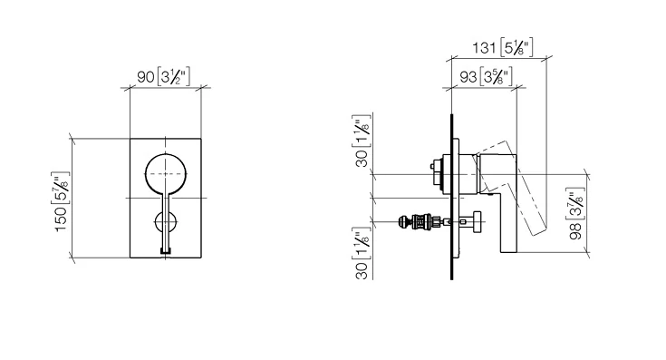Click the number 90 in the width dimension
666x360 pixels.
(145, 77)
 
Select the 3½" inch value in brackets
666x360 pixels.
(173, 76)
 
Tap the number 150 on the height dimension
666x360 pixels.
(62, 219)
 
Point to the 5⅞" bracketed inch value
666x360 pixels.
(61, 188)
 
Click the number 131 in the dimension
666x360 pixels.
(484, 47)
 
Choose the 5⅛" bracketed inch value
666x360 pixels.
(516, 47)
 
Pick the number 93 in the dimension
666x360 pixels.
(468, 77)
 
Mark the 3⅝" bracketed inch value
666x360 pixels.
(497, 76)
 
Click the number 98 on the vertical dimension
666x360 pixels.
(575, 231)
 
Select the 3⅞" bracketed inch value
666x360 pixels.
(575, 204)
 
